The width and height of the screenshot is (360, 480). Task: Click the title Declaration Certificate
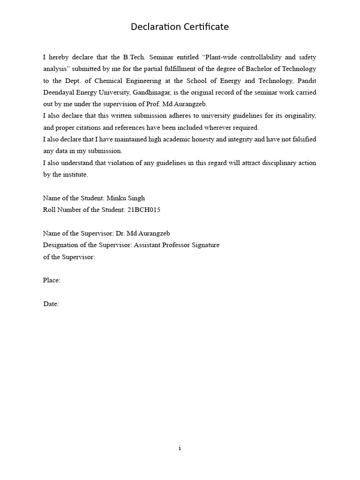(x=180, y=27)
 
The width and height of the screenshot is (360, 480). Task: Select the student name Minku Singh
(x=126, y=198)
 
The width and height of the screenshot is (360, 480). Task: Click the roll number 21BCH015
(x=143, y=210)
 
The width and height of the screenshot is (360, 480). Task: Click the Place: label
(x=52, y=280)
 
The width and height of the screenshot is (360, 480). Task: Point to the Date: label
(x=51, y=304)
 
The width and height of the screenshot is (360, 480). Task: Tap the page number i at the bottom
(x=180, y=448)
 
